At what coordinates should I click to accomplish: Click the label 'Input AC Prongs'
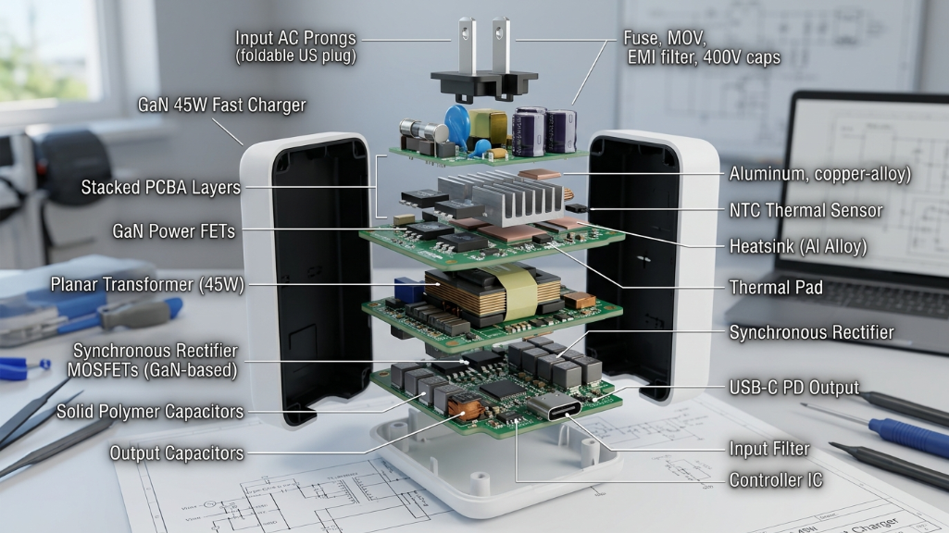(295, 38)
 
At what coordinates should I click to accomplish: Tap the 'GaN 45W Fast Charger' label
(221, 105)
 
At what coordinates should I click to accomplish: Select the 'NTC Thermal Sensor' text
(805, 210)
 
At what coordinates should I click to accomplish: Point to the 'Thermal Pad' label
(776, 287)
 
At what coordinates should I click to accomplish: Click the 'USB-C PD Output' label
(793, 387)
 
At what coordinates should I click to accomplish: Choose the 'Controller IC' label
(775, 480)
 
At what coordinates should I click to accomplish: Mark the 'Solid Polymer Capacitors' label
(150, 411)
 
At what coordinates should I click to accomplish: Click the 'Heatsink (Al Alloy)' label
(798, 246)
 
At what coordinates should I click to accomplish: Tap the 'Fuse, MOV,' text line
(664, 39)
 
